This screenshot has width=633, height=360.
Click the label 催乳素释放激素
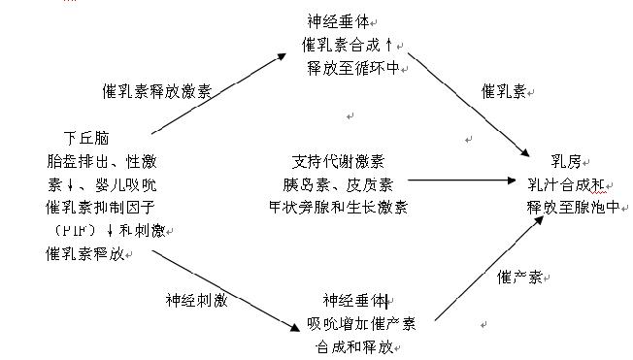156,92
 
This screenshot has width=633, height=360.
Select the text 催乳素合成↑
349,44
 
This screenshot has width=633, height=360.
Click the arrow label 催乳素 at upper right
504,91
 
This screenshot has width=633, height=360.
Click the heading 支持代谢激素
338,159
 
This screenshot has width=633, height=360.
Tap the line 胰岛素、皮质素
338,182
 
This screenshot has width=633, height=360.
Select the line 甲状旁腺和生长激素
338,206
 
